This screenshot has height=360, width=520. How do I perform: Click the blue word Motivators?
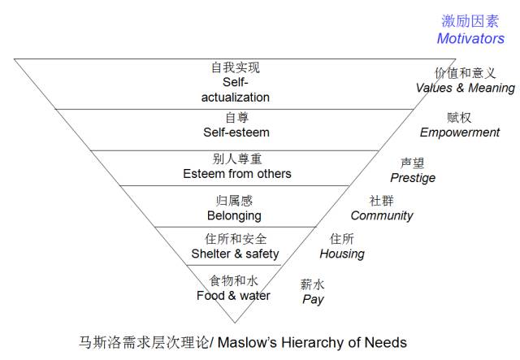click(470, 38)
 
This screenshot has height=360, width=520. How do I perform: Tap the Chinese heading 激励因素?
click(470, 21)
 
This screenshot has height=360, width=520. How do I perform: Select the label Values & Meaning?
click(465, 88)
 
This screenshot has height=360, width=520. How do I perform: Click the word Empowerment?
click(459, 132)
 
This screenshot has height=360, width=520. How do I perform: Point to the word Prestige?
click(413, 177)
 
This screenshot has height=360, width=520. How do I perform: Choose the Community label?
click(382, 215)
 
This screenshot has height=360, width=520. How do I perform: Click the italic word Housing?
click(342, 254)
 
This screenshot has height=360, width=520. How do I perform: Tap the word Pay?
click(313, 299)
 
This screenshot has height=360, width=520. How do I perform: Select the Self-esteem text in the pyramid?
click(236, 132)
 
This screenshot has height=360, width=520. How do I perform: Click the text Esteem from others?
click(236, 174)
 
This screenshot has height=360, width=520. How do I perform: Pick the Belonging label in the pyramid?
click(234, 215)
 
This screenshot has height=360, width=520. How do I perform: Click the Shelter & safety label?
click(235, 254)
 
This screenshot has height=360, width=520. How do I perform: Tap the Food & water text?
click(233, 295)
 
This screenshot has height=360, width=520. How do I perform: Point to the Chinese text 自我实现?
click(236, 67)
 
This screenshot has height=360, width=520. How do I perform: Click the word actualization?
click(236, 97)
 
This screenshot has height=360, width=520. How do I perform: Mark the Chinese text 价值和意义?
click(465, 73)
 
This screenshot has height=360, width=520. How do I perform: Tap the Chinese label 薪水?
click(313, 284)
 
